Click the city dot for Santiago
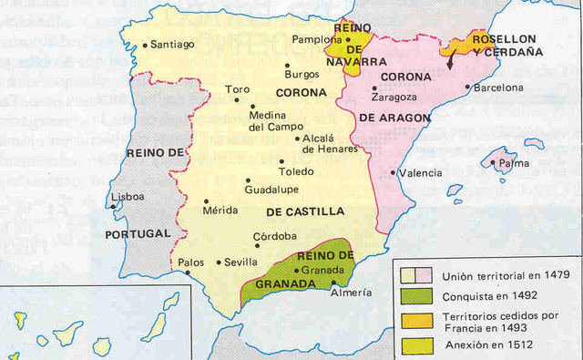point(146,44)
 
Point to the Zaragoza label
point(394,97)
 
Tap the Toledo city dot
point(281,162)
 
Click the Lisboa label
point(127,197)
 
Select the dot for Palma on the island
point(493,164)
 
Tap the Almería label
point(352,293)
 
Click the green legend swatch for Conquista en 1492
point(414,296)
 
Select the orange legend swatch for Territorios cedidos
point(414,320)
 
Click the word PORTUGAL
point(138,233)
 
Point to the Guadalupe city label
point(272,190)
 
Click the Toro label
point(237,90)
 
